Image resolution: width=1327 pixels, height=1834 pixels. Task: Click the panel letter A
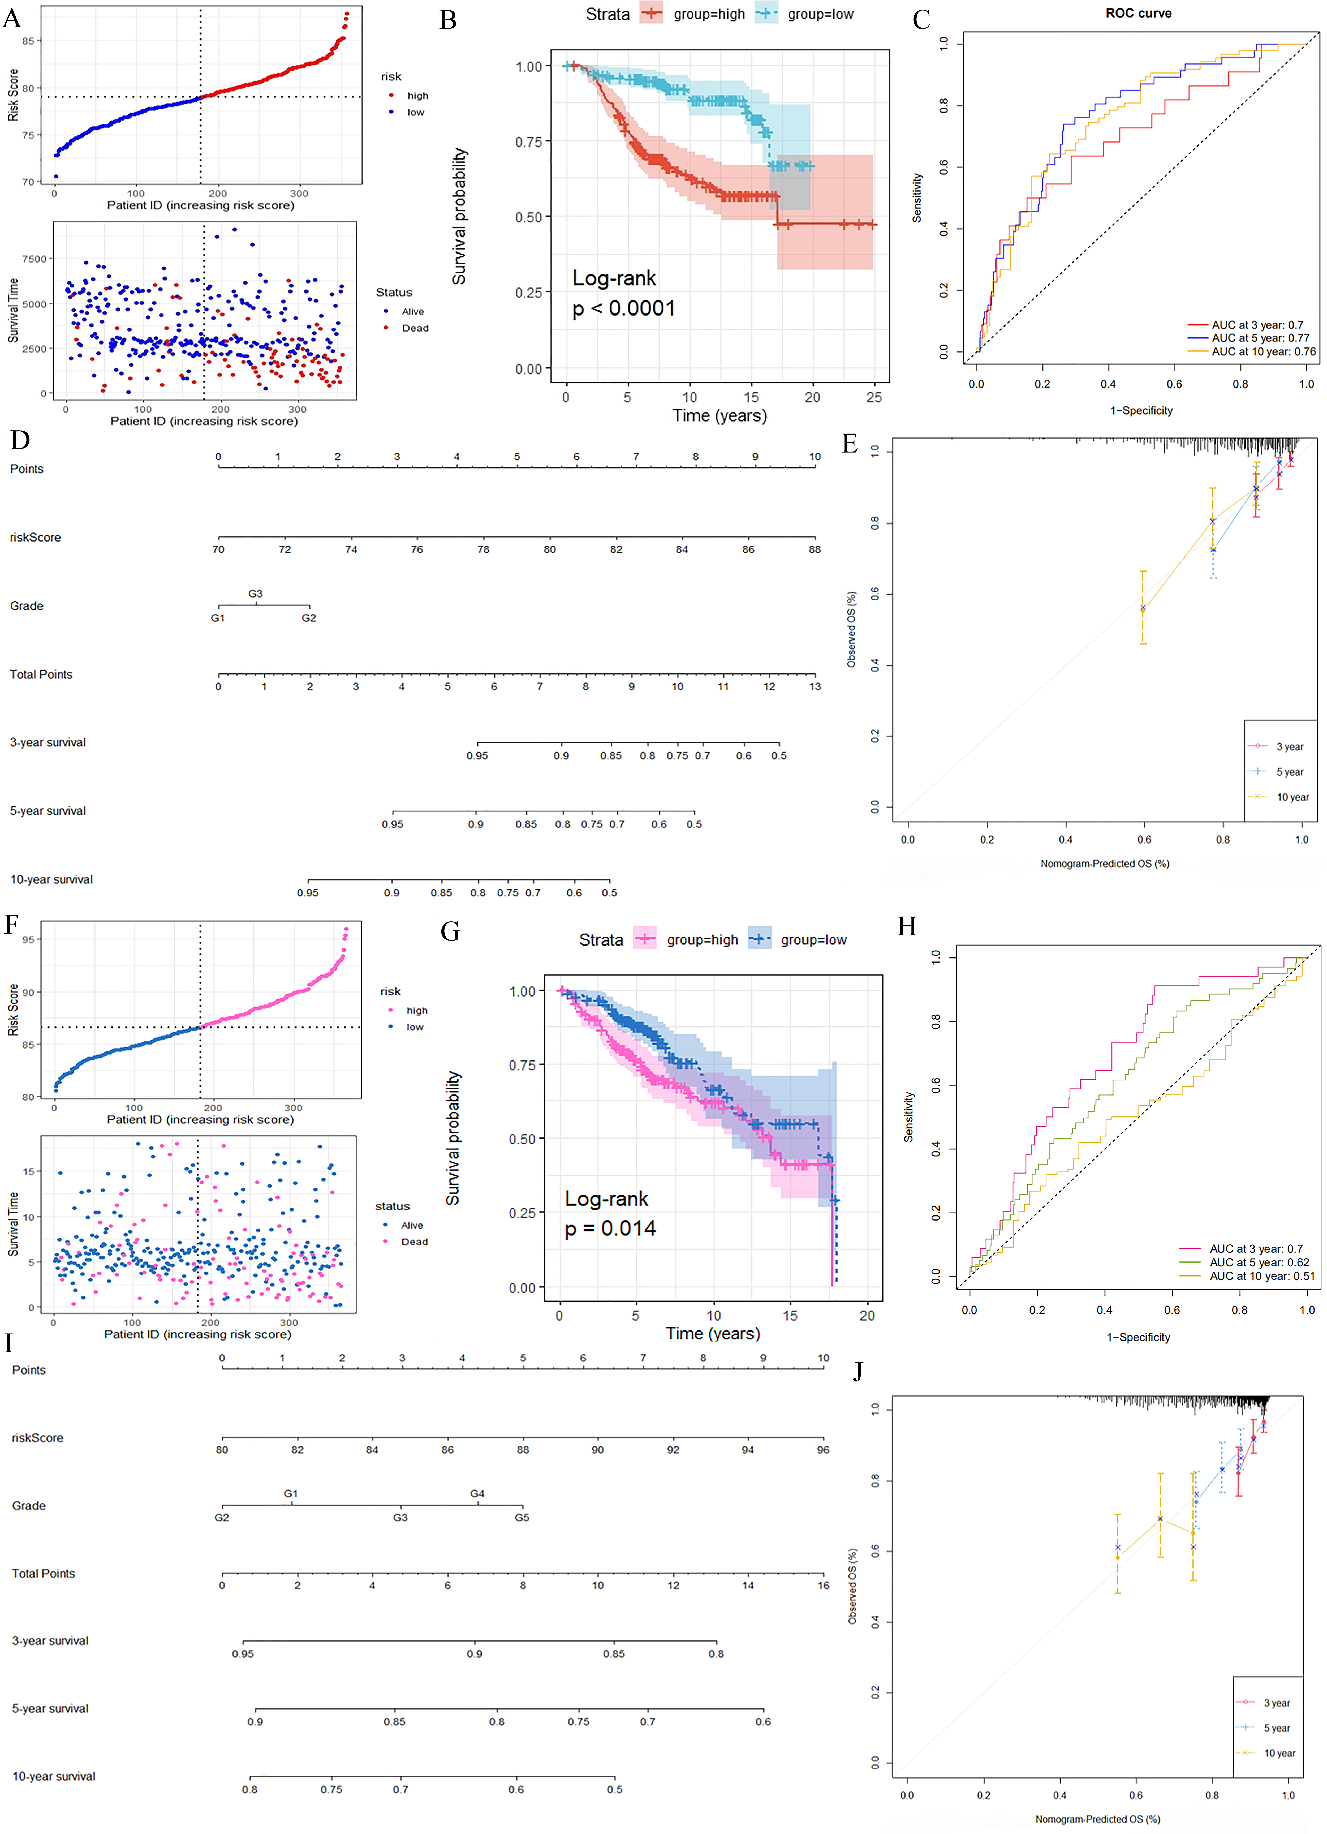tap(12, 18)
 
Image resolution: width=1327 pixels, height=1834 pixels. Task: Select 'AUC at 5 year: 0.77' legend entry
tap(1260, 338)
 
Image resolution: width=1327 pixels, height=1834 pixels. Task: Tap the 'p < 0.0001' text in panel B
tap(623, 308)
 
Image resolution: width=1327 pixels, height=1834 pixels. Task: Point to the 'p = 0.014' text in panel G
tap(610, 1228)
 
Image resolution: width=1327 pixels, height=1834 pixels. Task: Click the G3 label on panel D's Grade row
tap(256, 594)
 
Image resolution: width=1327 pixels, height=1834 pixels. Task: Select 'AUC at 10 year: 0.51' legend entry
tap(1261, 1276)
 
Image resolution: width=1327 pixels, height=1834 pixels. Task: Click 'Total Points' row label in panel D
tap(41, 675)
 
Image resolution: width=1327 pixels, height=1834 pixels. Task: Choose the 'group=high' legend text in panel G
tap(702, 940)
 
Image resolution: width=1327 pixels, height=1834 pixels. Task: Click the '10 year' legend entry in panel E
tap(1292, 797)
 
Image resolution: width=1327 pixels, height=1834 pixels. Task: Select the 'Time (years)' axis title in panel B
tap(719, 416)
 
